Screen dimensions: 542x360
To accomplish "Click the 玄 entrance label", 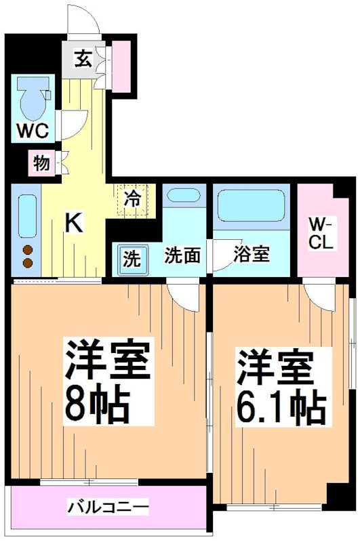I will click(x=82, y=59).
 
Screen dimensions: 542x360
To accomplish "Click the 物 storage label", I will click(x=41, y=163).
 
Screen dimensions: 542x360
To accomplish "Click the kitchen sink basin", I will click(x=27, y=215).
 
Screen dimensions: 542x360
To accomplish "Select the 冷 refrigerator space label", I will click(x=133, y=199).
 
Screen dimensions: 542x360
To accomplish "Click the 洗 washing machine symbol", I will click(x=133, y=257).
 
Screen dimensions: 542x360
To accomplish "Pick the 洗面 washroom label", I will click(x=182, y=255).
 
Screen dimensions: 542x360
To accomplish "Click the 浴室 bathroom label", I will click(x=252, y=255).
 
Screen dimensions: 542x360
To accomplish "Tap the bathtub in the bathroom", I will click(x=251, y=204).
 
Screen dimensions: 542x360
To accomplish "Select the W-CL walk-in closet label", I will click(x=320, y=233).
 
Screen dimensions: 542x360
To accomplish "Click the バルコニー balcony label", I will click(x=108, y=507).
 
